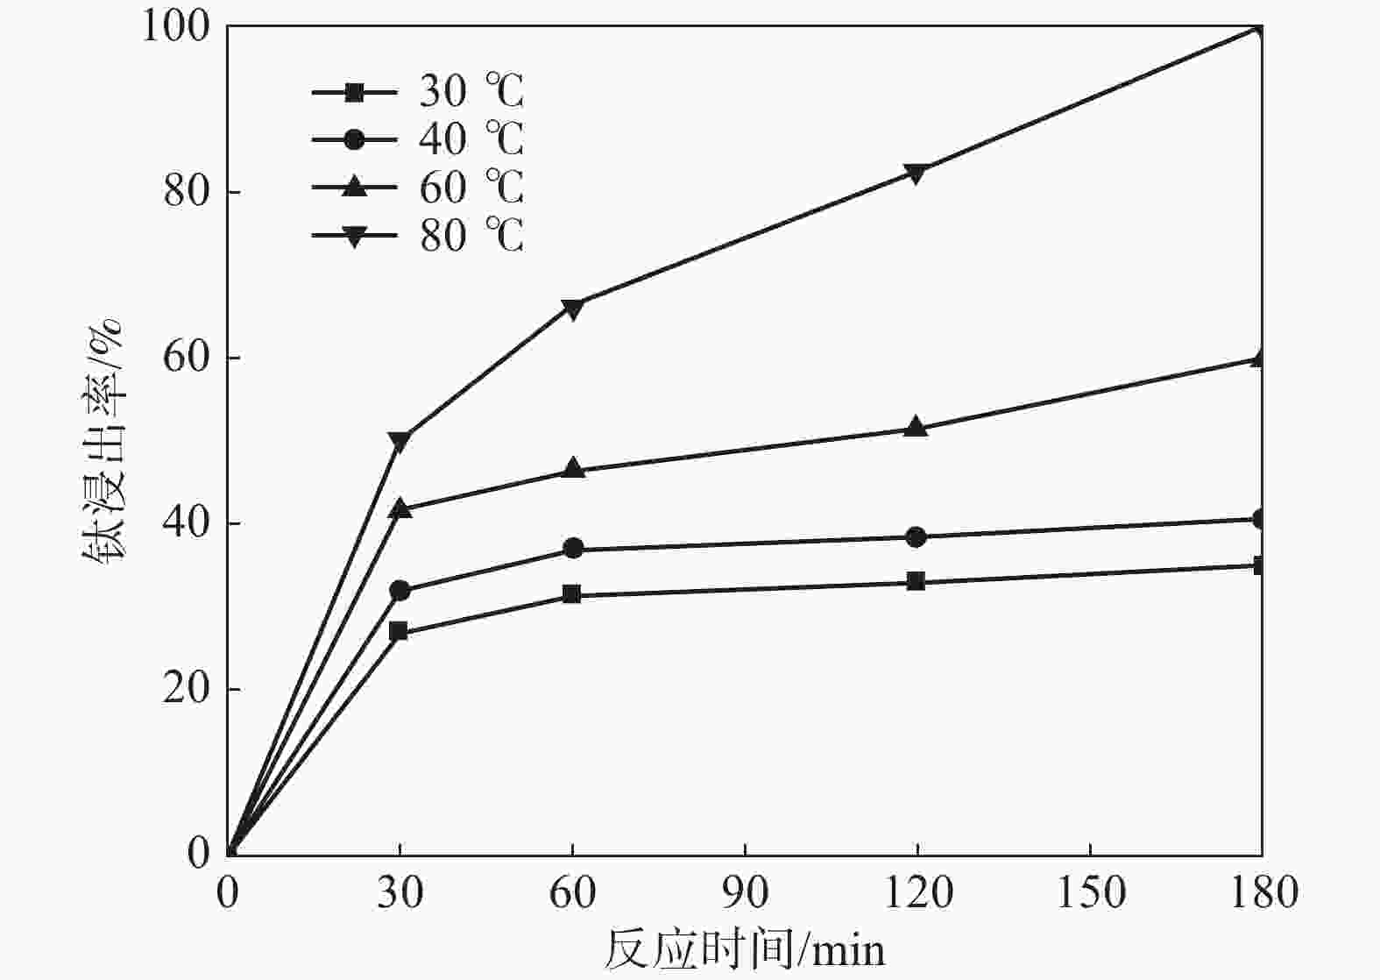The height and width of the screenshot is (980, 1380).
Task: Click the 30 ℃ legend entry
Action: click(418, 91)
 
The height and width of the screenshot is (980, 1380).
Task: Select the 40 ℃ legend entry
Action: click(418, 138)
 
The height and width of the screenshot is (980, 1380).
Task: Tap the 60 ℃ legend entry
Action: click(418, 187)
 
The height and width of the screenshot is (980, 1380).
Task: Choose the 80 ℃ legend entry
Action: click(418, 235)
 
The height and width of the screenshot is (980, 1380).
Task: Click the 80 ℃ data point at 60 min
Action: click(572, 308)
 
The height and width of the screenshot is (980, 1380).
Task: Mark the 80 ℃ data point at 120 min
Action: click(916, 173)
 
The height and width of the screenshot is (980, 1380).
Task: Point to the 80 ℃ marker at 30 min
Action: click(400, 441)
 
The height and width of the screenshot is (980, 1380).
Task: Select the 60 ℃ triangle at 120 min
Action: click(916, 427)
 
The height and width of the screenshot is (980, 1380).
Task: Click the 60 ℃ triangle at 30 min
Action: click(400, 508)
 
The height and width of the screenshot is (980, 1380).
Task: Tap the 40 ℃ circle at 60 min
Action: click(573, 549)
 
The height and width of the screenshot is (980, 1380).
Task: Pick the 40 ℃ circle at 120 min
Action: click(916, 536)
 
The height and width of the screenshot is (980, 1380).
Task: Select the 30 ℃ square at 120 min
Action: click(916, 581)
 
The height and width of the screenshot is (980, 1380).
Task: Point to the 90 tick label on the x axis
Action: click(745, 893)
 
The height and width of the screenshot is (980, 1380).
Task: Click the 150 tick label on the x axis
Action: click(1089, 893)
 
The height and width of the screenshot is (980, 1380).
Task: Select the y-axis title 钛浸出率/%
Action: click(103, 441)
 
